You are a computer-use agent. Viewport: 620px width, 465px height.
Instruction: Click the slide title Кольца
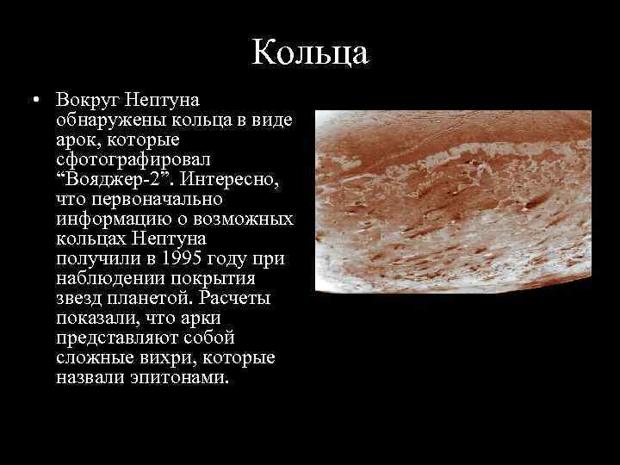[310, 52]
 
